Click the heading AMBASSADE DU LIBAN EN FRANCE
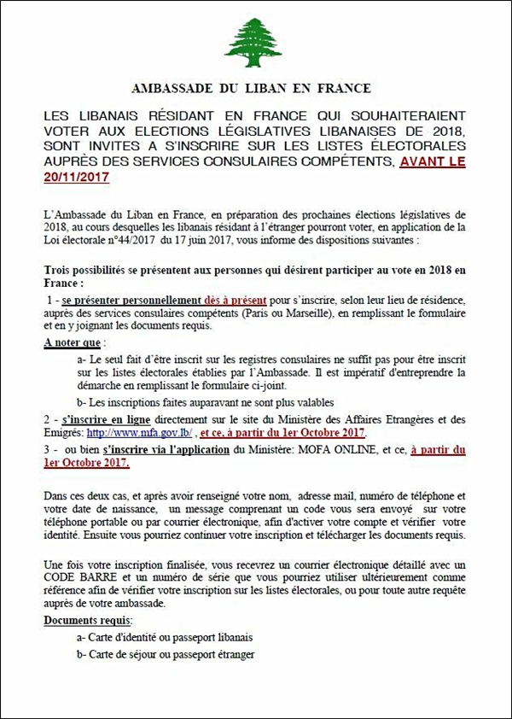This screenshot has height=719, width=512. (251, 87)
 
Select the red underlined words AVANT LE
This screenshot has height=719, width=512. (433, 162)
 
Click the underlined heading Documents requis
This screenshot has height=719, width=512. (89, 619)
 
